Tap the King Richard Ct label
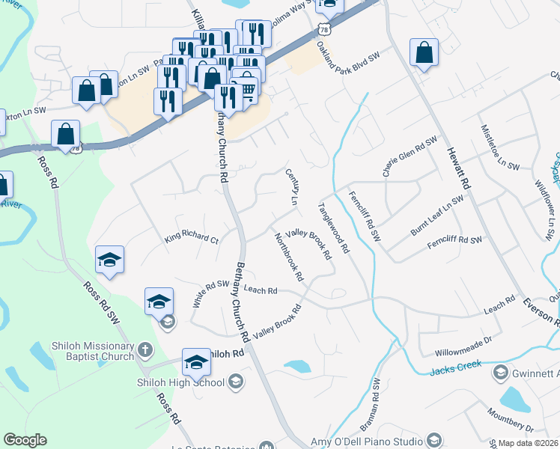[191, 239]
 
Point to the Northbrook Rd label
[289, 257]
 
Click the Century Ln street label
[292, 187]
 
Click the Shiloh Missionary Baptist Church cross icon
[146, 350]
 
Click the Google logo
[25, 440]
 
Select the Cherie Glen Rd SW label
[410, 156]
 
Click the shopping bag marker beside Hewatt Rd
[424, 53]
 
